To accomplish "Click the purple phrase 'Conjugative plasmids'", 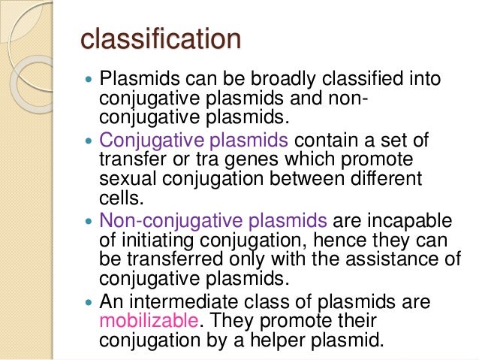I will pyautogui.click(x=193, y=141).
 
